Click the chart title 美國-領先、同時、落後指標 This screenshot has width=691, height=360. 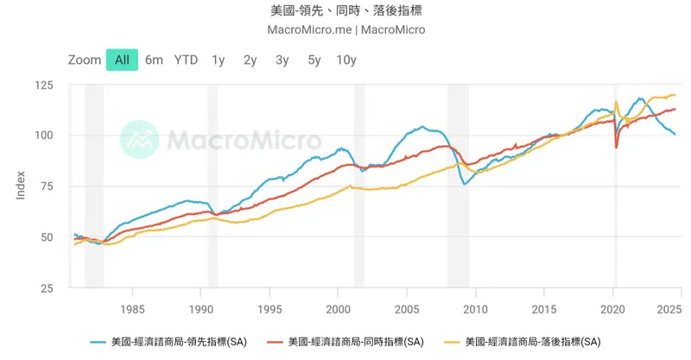pyautogui.click(x=345, y=10)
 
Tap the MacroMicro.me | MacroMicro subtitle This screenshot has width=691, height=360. pyautogui.click(x=345, y=29)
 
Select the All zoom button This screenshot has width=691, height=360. pyautogui.click(x=122, y=60)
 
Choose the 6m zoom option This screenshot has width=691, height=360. pyautogui.click(x=154, y=60)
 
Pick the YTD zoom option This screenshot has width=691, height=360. pyautogui.click(x=186, y=60)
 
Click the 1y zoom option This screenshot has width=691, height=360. pyautogui.click(x=219, y=60)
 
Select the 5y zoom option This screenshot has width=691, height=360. pyautogui.click(x=314, y=60)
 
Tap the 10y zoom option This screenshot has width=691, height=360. pyautogui.click(x=346, y=60)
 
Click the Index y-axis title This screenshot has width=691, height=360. pyautogui.click(x=21, y=186)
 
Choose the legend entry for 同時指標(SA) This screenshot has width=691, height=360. pyautogui.click(x=346, y=342)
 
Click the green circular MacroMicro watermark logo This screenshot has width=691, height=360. pyautogui.click(x=139, y=139)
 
